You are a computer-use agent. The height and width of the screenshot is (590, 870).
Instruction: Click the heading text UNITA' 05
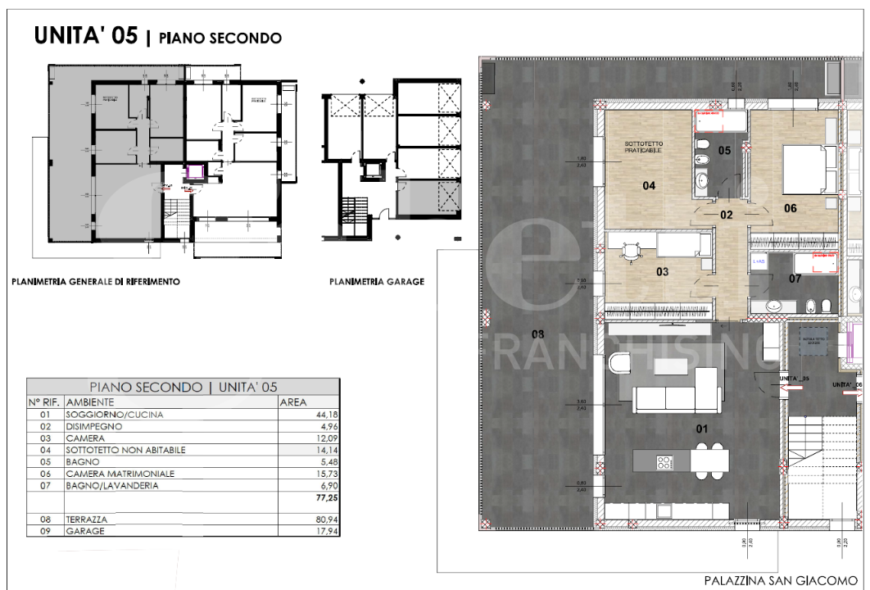(86, 36)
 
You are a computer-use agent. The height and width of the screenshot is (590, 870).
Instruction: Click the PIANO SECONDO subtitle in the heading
(220, 38)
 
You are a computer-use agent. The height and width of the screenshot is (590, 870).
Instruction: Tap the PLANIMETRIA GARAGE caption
(377, 281)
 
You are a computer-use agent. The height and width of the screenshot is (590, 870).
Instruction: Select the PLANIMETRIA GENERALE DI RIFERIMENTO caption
(96, 281)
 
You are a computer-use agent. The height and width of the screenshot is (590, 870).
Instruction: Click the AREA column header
(294, 402)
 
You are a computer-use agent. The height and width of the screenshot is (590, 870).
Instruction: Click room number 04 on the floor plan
(649, 186)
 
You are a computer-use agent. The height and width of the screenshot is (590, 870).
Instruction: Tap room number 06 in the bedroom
(791, 208)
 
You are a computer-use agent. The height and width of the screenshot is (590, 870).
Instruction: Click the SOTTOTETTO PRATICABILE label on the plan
(643, 147)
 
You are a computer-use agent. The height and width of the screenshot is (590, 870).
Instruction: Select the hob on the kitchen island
(664, 462)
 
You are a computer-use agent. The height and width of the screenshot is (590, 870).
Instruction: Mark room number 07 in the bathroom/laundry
(795, 279)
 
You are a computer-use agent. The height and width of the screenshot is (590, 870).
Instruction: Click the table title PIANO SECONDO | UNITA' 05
(184, 387)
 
